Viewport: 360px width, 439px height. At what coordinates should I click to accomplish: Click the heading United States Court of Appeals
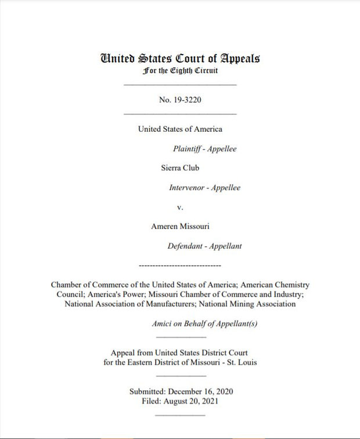pos(180,59)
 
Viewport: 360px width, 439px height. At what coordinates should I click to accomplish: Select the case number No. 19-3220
pos(180,100)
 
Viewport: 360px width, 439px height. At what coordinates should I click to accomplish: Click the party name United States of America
pos(180,129)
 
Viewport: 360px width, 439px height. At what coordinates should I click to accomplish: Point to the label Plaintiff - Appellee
pos(204,149)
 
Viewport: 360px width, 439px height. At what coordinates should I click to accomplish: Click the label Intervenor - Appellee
pos(204,188)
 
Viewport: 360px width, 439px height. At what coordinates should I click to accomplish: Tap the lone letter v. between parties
pos(180,207)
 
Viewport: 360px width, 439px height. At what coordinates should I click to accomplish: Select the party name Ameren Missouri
pos(180,226)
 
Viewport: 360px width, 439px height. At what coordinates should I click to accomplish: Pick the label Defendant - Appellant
pos(204,246)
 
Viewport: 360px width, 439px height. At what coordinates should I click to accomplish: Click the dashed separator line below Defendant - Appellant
pos(180,265)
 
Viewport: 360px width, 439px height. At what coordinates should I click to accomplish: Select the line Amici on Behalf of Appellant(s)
pos(204,324)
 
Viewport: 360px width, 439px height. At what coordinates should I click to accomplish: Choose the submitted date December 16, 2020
pos(200,391)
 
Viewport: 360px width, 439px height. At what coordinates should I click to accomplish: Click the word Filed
pos(152,401)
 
